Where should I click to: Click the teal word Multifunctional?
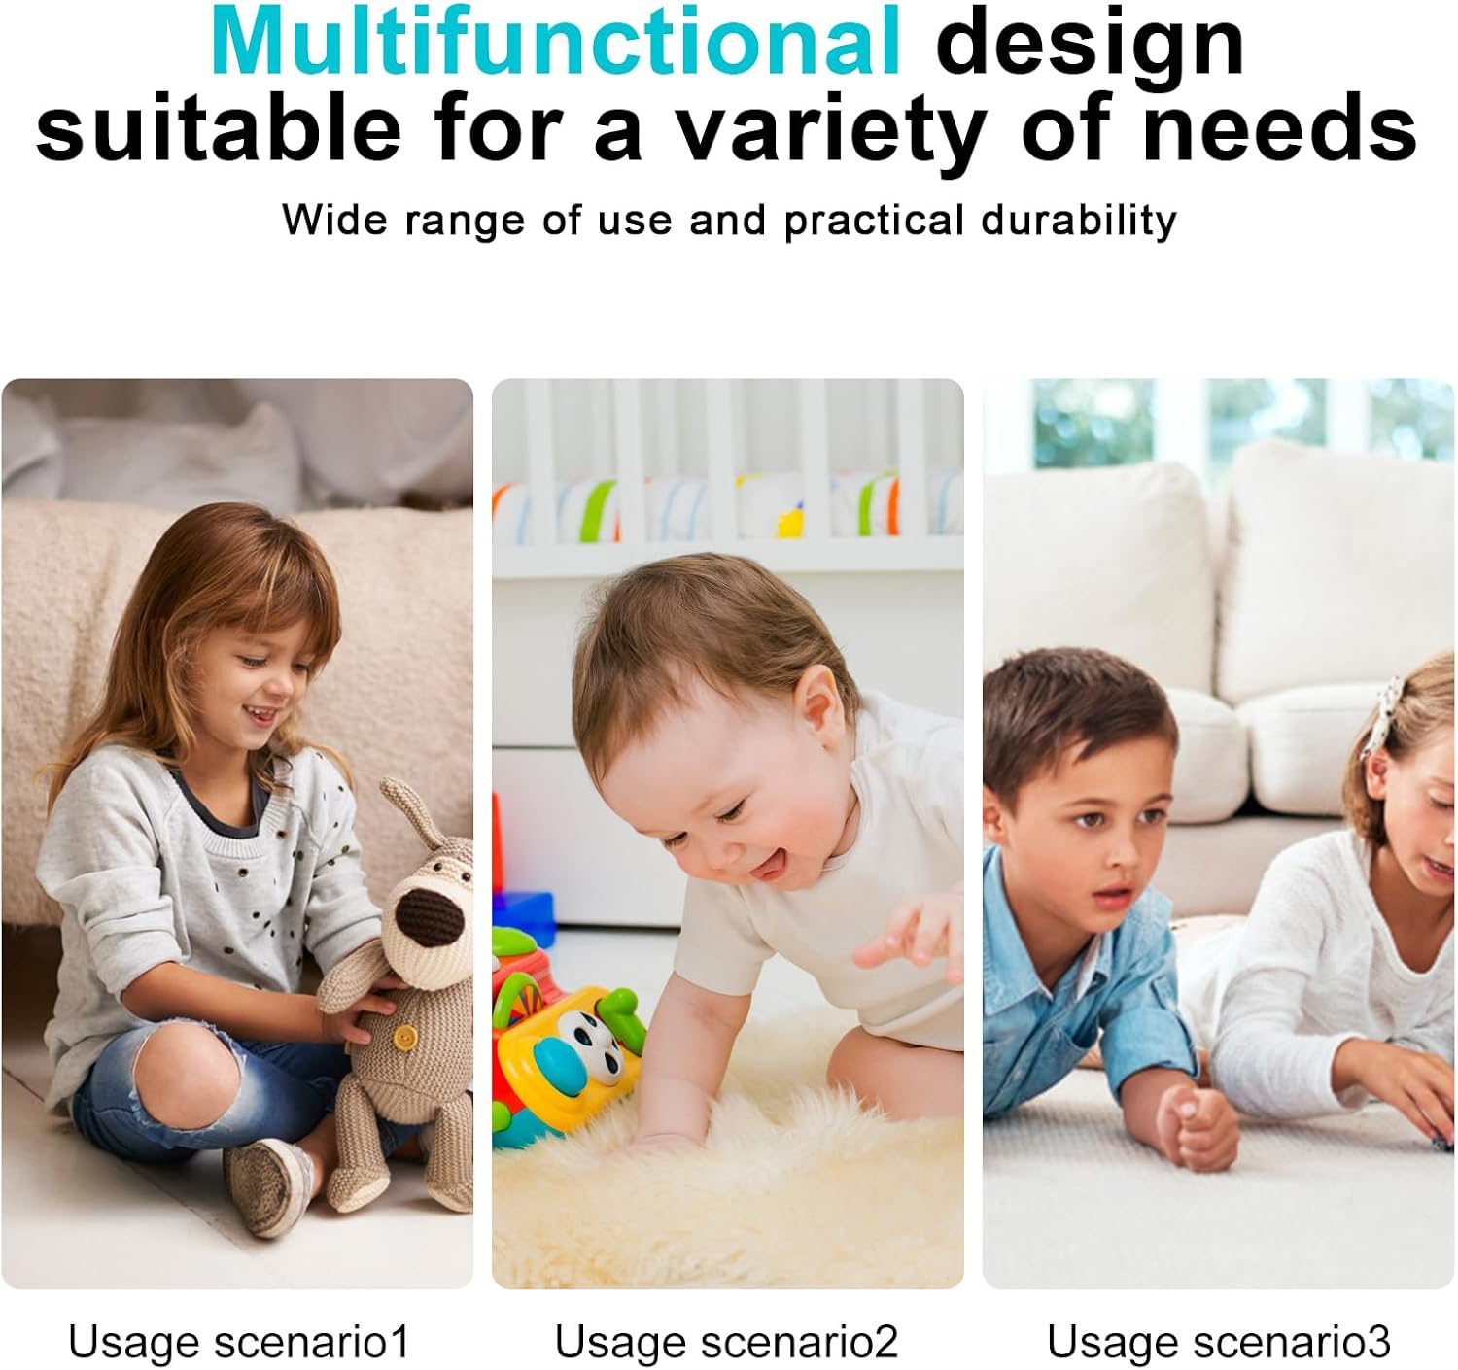click(555, 42)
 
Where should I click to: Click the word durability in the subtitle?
click(1079, 221)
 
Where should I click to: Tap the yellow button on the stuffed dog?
click(403, 1036)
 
